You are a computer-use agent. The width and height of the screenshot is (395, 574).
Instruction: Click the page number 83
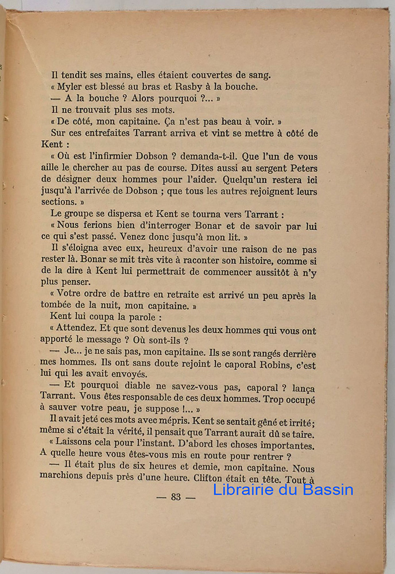coord(176,497)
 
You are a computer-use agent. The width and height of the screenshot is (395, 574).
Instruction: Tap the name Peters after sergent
coord(301,168)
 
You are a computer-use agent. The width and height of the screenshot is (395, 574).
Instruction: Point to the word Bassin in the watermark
coord(327,490)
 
